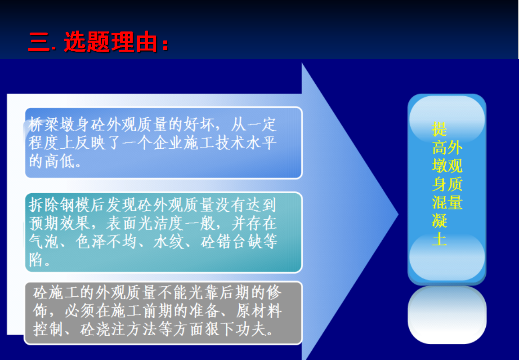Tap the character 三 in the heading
coord(39,42)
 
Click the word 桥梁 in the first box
coord(44,125)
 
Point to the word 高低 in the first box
coord(59,162)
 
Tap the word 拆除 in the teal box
coord(44,205)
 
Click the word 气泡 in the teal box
coord(44,242)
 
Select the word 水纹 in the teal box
coord(169,242)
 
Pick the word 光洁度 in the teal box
coord(161,224)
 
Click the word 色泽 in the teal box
coord(91,242)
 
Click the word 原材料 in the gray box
coord(259,311)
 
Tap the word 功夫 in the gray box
coord(251,329)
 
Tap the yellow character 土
coord(439,239)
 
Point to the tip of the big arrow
coord(398,214)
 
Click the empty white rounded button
coord(447,315)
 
